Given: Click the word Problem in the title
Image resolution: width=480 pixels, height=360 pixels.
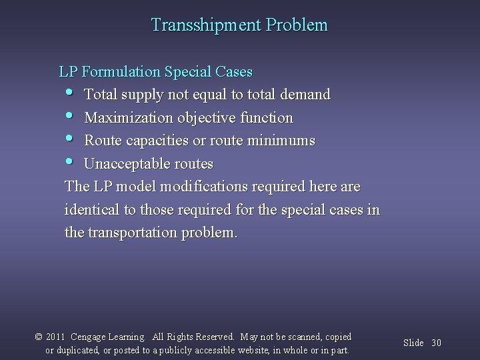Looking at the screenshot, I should pyautogui.click(x=297, y=25).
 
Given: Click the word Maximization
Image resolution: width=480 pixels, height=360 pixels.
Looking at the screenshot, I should pyautogui.click(x=127, y=118).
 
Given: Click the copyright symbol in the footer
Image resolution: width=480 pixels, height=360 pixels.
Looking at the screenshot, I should pyautogui.click(x=39, y=337).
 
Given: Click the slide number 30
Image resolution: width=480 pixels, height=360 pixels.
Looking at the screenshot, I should pyautogui.click(x=437, y=343).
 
